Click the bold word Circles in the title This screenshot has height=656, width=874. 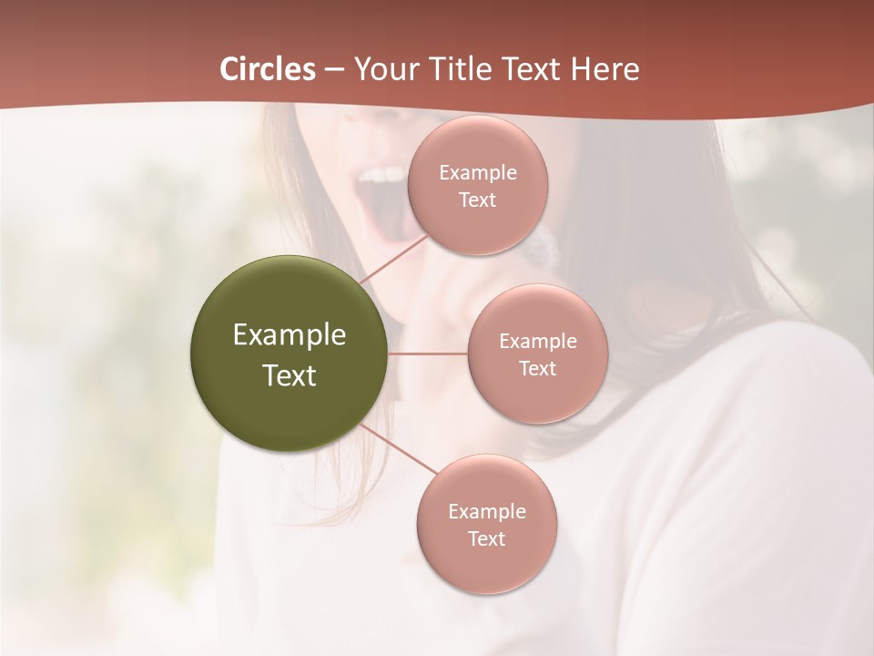pyautogui.click(x=268, y=69)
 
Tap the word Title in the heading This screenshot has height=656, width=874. pyautogui.click(x=451, y=69)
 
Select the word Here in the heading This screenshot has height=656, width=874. pyautogui.click(x=605, y=69)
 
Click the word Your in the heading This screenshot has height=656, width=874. pyautogui.click(x=383, y=69)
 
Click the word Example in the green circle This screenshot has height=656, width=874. pyautogui.click(x=290, y=335)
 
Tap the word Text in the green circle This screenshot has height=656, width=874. pyautogui.click(x=290, y=375)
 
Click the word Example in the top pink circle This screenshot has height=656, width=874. pyautogui.click(x=477, y=173)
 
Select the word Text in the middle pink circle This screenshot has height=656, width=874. pyautogui.click(x=537, y=369)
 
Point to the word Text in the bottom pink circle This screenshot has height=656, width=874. pyautogui.click(x=486, y=539)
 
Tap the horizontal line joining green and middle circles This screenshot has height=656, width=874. pyautogui.click(x=428, y=354)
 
